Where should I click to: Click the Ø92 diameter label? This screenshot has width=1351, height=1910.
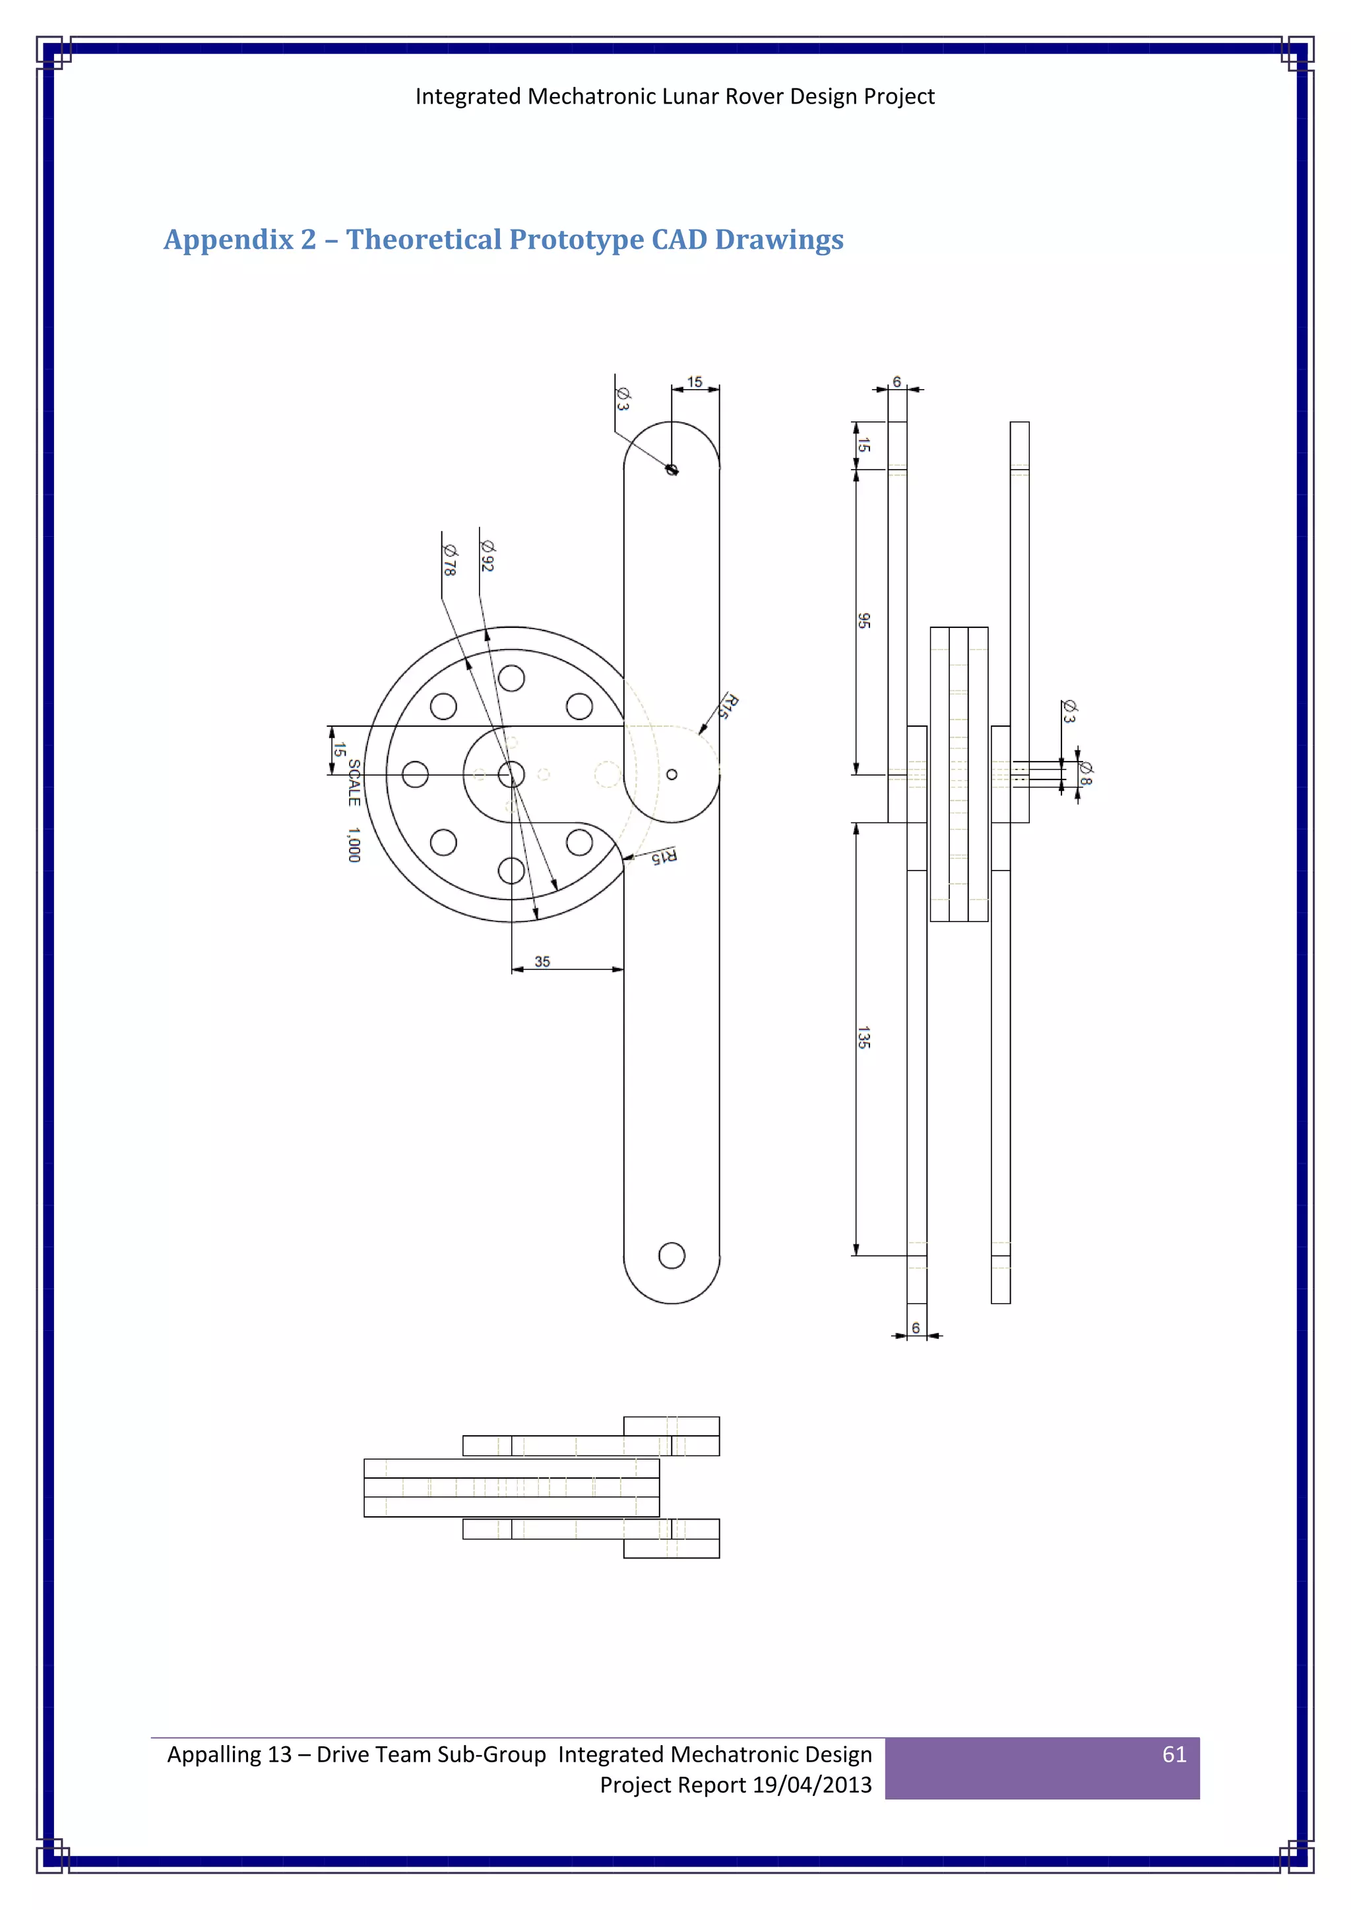[x=487, y=556]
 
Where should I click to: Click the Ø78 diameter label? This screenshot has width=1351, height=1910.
[x=449, y=560]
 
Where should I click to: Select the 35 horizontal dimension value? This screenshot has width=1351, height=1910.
[x=542, y=962]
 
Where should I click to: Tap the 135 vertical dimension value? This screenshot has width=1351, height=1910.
[x=864, y=1037]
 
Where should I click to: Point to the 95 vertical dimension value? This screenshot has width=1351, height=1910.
[x=864, y=621]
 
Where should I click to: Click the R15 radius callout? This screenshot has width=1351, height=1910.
[x=663, y=856]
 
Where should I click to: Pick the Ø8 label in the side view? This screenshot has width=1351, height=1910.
[x=1084, y=774]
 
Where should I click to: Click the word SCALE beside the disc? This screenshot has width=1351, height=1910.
[x=354, y=782]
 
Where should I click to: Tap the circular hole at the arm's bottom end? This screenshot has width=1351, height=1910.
[x=672, y=1255]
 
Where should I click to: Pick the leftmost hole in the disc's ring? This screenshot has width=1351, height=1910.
[x=415, y=774]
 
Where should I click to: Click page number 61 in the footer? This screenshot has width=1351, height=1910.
[x=1174, y=1754]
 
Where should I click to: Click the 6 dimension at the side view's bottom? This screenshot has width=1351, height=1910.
[x=916, y=1328]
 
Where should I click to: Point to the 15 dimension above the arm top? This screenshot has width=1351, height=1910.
[x=695, y=382]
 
